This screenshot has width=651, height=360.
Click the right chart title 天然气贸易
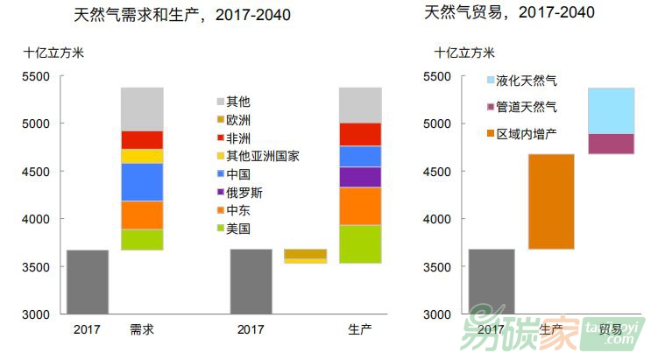coord(509,12)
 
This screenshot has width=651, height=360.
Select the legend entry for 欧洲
coord(238,120)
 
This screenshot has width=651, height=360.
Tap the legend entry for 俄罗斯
coord(244,192)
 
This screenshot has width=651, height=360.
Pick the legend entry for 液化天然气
coord(526,81)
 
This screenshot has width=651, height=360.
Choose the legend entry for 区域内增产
coord(526,134)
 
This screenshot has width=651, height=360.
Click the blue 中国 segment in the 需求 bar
coord(142,182)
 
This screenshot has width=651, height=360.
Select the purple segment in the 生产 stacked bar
coord(360,177)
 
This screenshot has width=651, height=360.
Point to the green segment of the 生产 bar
coord(360,244)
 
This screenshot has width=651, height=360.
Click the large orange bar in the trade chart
coord(552,201)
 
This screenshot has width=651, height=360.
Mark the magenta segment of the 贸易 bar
coord(611,144)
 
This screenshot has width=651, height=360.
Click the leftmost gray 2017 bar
coord(88,281)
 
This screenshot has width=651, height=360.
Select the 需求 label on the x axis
coord(141,329)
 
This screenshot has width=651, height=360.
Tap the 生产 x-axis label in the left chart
coord(359,329)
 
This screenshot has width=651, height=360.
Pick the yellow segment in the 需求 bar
coord(142,157)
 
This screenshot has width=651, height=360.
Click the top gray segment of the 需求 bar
coord(142,109)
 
